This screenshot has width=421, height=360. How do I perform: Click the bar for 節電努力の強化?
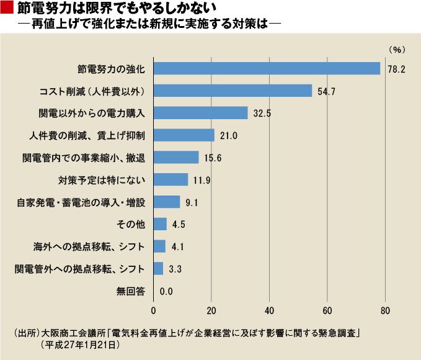coord(267,68)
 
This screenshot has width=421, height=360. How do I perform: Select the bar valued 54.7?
coord(233,91)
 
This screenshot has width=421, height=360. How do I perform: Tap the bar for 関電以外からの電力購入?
coord(200,113)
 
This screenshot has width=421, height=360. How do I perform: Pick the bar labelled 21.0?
coord(184,135)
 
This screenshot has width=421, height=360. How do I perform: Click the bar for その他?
coord(160,224)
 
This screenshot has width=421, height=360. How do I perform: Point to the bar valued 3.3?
coord(158,269)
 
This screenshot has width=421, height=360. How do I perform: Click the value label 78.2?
coord(396,69)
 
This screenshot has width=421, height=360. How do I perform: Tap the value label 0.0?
coord(166,291)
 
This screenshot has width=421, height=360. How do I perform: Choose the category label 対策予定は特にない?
coord(102,180)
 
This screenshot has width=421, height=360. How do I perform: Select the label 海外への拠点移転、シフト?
coord(89,246)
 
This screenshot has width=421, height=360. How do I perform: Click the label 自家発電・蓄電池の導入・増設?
coord(80,202)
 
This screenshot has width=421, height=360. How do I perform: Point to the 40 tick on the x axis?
coord(269,310)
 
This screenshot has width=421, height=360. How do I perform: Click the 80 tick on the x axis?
coord(385,310)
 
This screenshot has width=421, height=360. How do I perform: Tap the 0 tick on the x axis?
coord(153,310)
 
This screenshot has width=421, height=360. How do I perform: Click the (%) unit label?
coord(396,48)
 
